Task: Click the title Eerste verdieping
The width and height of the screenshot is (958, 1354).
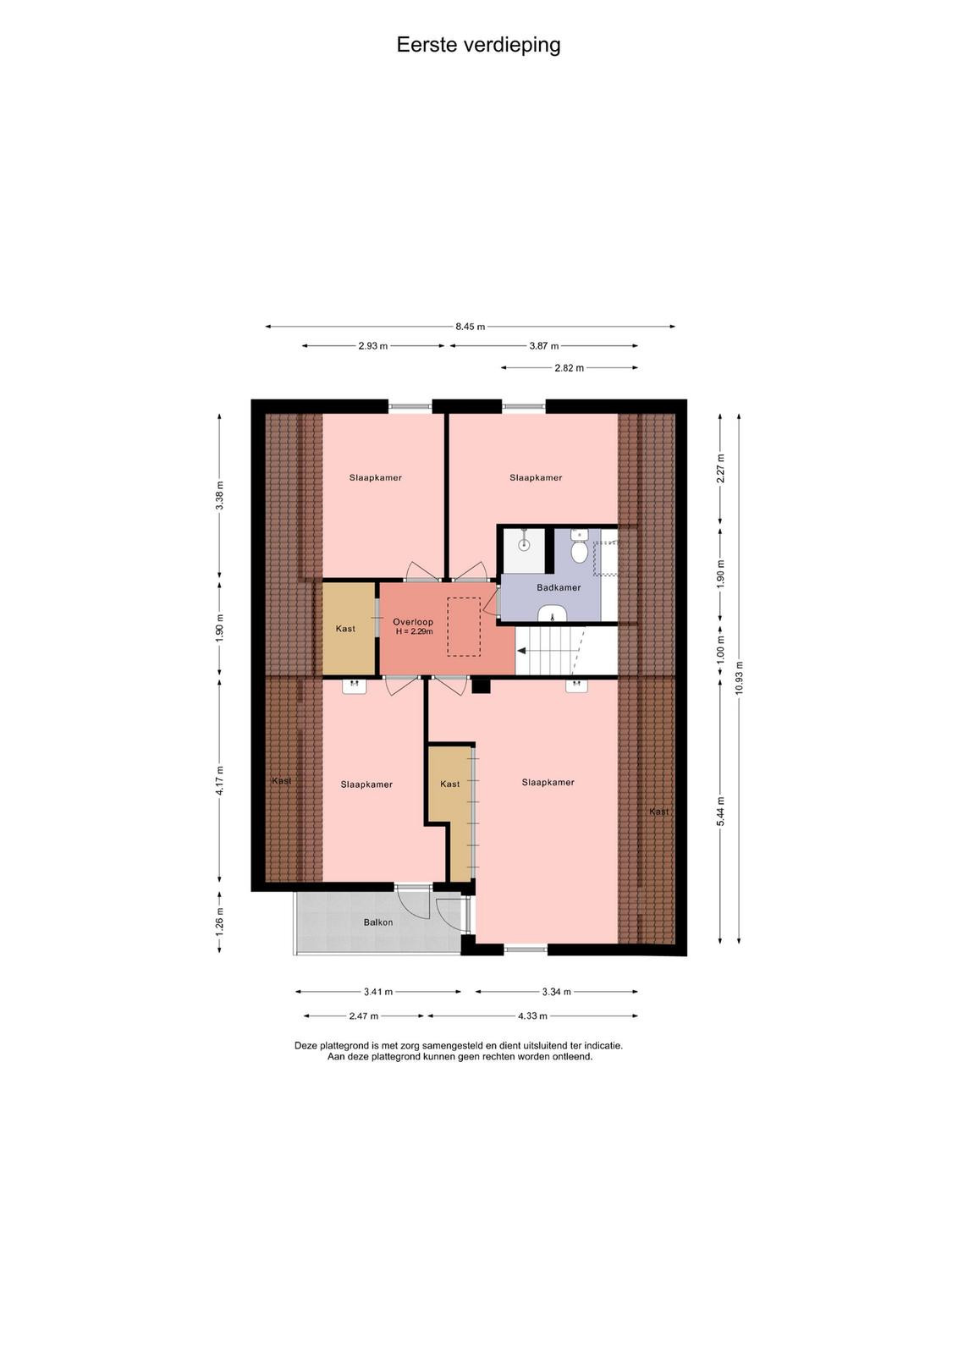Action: [x=478, y=46]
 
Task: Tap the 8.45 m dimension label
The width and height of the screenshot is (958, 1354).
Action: [x=471, y=327]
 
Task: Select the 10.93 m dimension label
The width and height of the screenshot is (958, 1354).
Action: [x=739, y=678]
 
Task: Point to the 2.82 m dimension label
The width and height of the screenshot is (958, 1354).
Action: [x=570, y=367]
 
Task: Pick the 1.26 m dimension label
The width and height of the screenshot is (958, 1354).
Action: [x=219, y=922]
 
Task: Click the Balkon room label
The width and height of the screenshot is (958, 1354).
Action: [x=377, y=922]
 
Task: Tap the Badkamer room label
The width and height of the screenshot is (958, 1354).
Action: [x=559, y=587]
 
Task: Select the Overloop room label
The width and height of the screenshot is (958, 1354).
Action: [x=413, y=622]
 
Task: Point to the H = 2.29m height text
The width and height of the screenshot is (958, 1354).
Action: [x=414, y=631]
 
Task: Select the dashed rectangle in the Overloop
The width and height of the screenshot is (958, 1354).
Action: [x=464, y=626]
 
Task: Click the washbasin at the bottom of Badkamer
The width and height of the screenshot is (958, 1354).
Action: [x=552, y=613]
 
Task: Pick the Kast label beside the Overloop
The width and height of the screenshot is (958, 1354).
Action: [x=345, y=629]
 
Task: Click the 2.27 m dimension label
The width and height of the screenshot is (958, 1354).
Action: [x=720, y=468]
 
